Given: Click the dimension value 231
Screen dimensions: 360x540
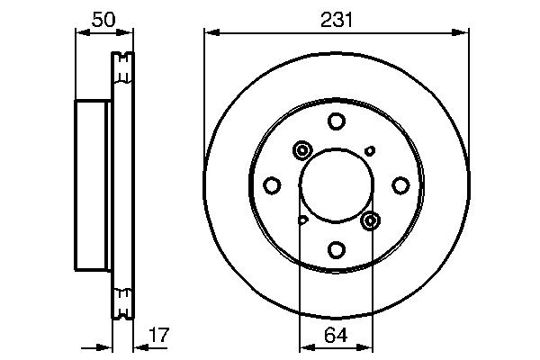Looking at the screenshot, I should pyautogui.click(x=336, y=19).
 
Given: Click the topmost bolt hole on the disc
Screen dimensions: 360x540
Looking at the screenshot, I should pyautogui.click(x=336, y=121).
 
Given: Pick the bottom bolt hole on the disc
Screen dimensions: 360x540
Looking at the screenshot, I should pyautogui.click(x=336, y=249).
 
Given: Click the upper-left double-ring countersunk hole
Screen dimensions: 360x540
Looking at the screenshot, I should pyautogui.click(x=301, y=150).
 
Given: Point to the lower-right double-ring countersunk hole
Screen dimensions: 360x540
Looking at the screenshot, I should pyautogui.click(x=370, y=220).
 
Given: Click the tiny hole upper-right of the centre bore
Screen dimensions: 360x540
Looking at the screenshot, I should pyautogui.click(x=368, y=150).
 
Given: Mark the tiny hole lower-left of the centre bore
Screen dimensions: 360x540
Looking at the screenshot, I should pyautogui.click(x=303, y=219).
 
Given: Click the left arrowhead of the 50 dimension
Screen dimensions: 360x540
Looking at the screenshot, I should pyautogui.click(x=79, y=33).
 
